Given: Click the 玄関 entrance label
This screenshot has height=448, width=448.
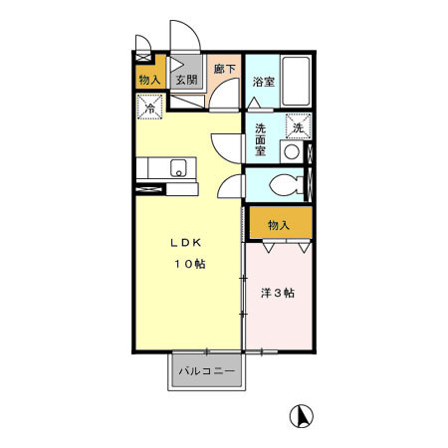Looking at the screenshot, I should tap(186, 80).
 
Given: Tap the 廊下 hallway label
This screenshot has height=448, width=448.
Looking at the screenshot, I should tap(225, 70).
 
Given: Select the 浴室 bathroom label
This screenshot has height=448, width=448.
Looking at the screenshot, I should tap(264, 81).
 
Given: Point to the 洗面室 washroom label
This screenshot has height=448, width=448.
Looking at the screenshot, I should tap(261, 140).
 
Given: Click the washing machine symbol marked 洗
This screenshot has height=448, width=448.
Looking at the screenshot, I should tap(298, 127).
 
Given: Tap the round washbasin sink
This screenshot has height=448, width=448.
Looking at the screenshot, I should tap(292, 152).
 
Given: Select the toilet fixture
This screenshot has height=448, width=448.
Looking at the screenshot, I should tap(286, 185).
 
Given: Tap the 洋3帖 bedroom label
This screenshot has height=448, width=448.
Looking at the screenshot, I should tap(278, 293).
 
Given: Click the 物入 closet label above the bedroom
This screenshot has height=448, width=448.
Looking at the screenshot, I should tap(279, 224).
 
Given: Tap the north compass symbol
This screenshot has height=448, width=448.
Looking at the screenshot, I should tap(297, 415).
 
